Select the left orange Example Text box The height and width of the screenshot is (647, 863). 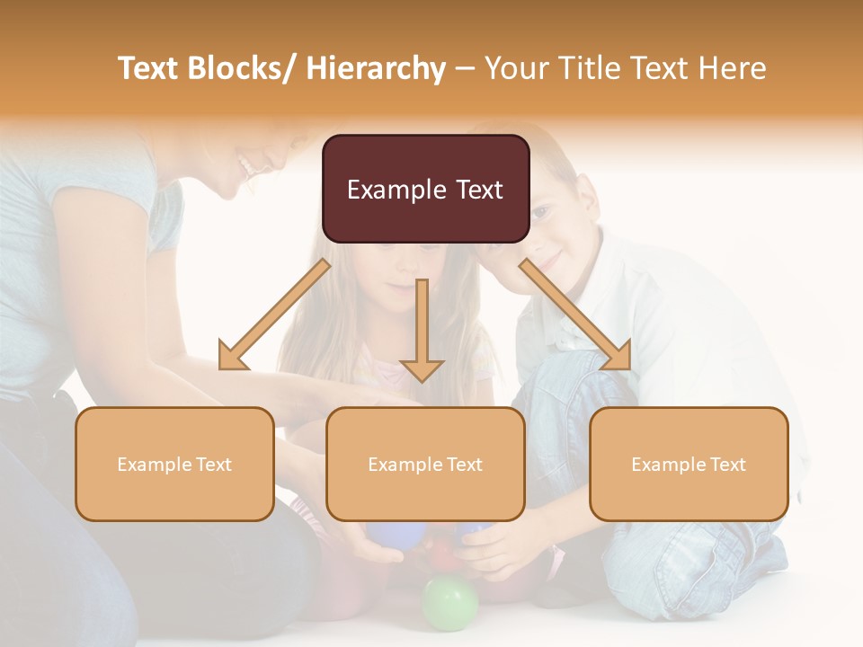point(174,464)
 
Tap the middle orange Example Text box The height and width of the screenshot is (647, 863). point(425,464)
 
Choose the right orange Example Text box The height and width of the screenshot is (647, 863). point(689,464)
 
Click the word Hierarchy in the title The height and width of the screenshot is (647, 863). point(376,68)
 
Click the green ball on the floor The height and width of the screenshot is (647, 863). point(449,602)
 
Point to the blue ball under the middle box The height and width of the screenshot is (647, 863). point(388,536)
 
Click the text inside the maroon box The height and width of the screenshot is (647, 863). point(425,190)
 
